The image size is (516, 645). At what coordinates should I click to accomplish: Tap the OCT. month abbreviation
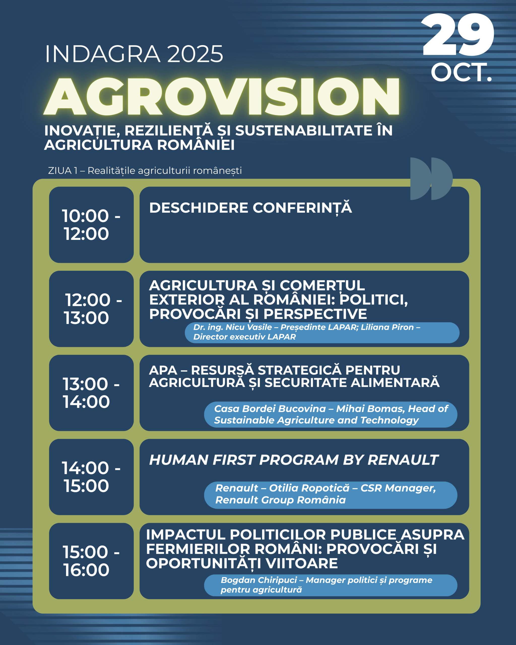(x=461, y=72)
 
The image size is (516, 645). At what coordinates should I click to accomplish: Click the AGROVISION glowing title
(x=222, y=96)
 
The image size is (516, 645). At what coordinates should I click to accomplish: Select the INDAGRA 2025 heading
(x=134, y=54)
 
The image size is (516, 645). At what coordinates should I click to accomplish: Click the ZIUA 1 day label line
(x=145, y=171)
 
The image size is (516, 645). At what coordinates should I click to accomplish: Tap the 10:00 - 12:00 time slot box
(x=91, y=225)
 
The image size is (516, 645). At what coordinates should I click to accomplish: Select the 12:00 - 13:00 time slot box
(x=91, y=309)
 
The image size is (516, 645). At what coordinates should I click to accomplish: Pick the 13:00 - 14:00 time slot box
(x=91, y=393)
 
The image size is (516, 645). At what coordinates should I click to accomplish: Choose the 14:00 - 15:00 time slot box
(x=91, y=477)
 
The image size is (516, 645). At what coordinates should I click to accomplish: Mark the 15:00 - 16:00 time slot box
(x=91, y=561)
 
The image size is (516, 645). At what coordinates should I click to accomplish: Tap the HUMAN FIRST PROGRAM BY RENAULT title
(x=294, y=460)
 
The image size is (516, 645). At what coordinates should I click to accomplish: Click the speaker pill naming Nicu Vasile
(x=322, y=332)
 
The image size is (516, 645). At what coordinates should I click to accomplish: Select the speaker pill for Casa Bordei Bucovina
(x=331, y=414)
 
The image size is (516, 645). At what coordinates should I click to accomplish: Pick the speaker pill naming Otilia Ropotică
(x=331, y=495)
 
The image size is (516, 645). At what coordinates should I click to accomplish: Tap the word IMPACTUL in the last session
(x=185, y=535)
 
